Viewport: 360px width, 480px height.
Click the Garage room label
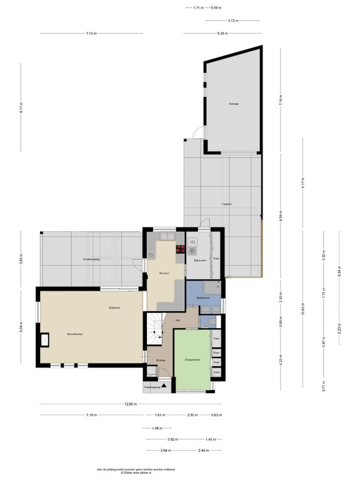233,104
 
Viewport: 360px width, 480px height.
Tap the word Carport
227,204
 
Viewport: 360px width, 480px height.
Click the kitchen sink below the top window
167,236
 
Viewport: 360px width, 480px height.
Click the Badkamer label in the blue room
202,297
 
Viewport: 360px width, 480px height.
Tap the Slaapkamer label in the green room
192,361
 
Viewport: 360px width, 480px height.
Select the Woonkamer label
76,334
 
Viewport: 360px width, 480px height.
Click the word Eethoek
114,308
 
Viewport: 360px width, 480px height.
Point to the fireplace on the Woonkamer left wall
44,339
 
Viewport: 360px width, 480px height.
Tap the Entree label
161,361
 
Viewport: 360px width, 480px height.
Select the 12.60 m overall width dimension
130,404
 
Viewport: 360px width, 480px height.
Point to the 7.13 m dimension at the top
91,33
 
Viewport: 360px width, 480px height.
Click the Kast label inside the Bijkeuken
216,258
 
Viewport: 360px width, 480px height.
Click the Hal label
178,320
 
